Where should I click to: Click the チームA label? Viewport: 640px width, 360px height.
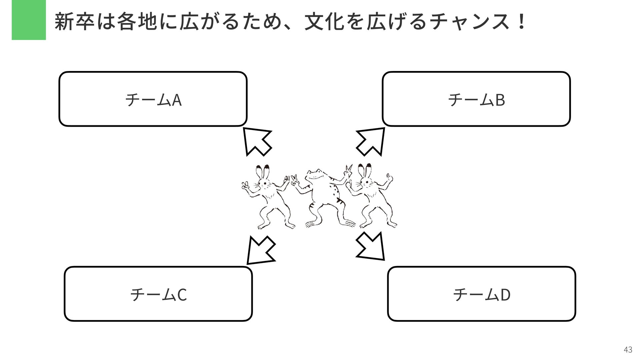tap(153, 99)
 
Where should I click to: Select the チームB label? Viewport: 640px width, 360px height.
tap(476, 99)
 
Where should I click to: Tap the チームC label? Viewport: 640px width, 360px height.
tap(158, 294)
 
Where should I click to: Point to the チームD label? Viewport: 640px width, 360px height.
tap(482, 294)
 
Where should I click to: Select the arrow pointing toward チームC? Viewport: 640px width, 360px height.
tap(260, 251)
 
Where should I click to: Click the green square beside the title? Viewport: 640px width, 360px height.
tap(29, 20)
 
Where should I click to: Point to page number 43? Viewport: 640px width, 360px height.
tap(628, 349)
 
